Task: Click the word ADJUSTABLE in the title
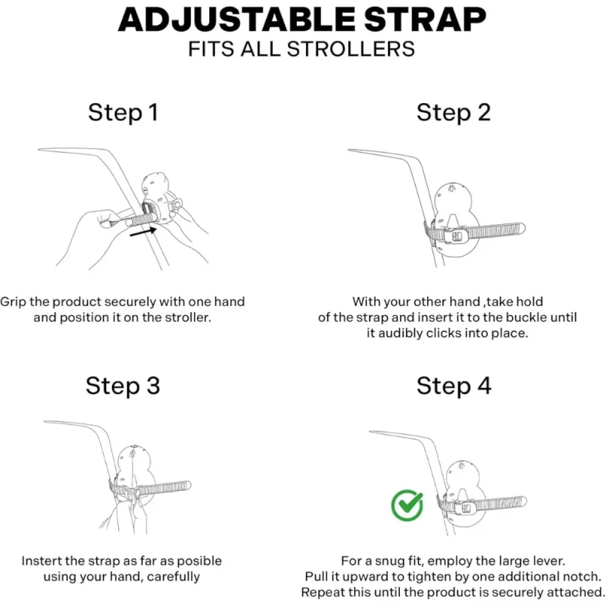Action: [237, 20]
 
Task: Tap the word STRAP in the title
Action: [425, 20]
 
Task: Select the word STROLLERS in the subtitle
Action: [351, 49]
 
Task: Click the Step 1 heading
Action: [123, 112]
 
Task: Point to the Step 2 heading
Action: [453, 112]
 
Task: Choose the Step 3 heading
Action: [123, 386]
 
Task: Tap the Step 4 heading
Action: [454, 386]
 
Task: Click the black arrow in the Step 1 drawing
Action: [143, 232]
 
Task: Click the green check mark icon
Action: [407, 505]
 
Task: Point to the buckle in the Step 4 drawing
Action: [466, 508]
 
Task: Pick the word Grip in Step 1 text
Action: [13, 301]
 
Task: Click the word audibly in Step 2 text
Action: [401, 333]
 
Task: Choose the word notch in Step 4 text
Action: [582, 576]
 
